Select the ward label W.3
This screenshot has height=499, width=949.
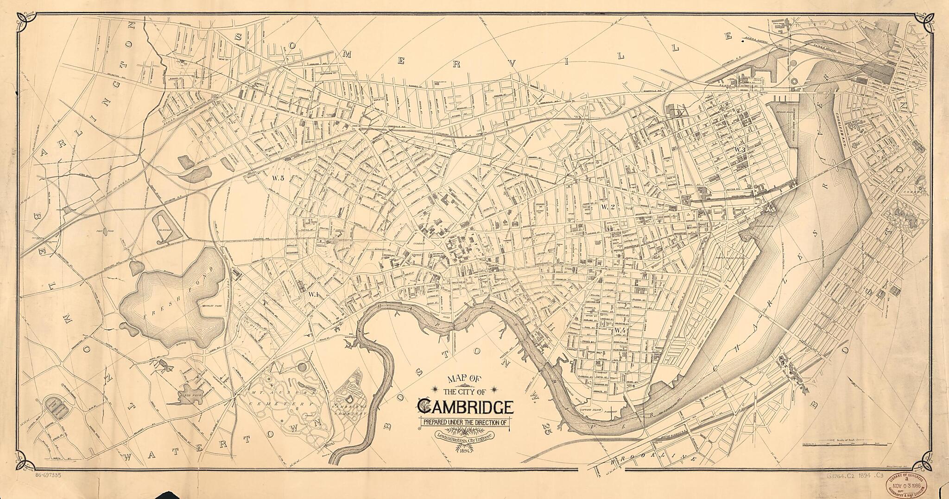coord(739,150)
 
